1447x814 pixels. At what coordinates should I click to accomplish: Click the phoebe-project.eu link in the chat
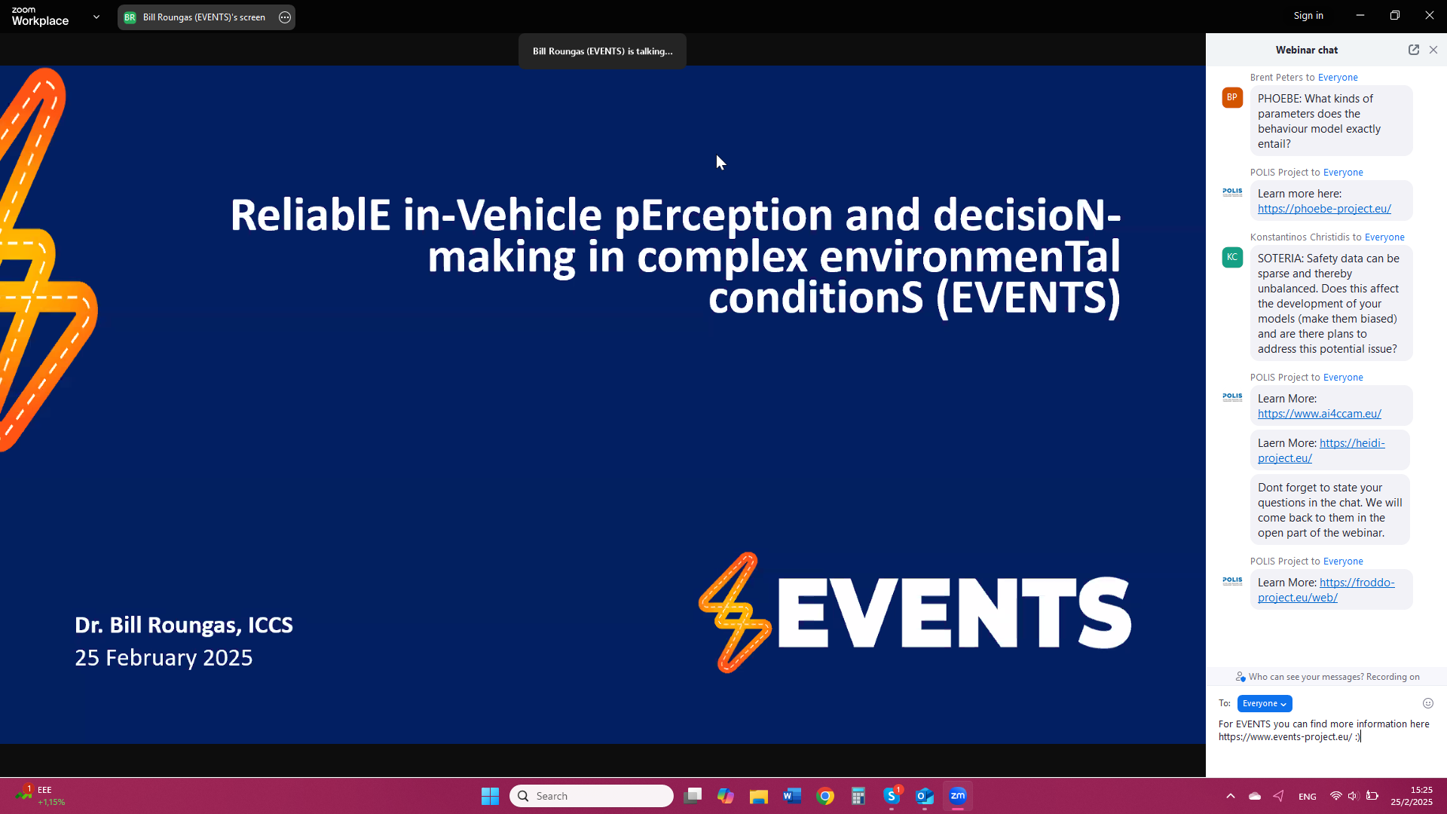(1324, 209)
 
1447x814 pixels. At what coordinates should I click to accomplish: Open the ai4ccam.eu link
(1320, 414)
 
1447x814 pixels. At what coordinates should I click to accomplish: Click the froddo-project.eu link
(1326, 590)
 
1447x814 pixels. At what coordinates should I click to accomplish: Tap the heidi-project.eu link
(1321, 451)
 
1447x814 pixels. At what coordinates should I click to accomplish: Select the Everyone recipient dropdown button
(1265, 703)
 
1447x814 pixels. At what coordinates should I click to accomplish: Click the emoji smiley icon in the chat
(1428, 703)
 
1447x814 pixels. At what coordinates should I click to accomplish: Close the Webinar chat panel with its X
(1433, 50)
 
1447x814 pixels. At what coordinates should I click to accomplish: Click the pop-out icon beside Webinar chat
(1414, 50)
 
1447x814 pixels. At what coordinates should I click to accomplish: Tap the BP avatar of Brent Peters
(1232, 97)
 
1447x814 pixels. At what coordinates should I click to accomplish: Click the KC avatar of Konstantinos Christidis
(1232, 257)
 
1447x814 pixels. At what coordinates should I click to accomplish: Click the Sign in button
(1308, 16)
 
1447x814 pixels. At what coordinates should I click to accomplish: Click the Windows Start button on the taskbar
(490, 796)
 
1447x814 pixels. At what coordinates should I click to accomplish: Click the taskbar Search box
(592, 796)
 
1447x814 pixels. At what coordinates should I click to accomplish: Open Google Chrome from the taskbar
(825, 796)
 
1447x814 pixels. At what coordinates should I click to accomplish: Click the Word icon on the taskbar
(792, 796)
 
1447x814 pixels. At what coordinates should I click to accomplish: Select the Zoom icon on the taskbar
(958, 796)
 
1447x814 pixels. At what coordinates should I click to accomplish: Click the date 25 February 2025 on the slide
(164, 658)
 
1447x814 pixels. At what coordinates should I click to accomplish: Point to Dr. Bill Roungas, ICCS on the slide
(184, 625)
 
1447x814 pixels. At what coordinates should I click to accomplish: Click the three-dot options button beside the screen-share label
(285, 17)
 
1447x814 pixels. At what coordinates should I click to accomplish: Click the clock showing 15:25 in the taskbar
(1421, 790)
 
